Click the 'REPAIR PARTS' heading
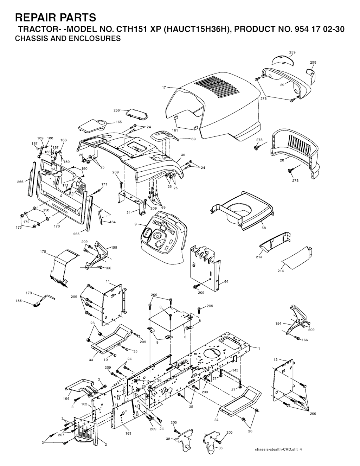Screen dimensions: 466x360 55,17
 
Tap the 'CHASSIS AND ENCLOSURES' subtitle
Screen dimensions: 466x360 68,38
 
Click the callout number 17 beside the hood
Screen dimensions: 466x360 164,88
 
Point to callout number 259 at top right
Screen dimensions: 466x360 292,52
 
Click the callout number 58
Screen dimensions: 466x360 264,228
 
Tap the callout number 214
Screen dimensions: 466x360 281,270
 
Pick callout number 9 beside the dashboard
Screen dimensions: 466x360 135,224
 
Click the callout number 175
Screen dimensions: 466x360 43,252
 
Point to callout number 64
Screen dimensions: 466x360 226,282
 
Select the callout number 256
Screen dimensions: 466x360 116,110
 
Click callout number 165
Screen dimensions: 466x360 119,122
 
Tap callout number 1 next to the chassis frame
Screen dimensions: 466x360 259,349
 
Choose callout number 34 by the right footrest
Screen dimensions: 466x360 216,420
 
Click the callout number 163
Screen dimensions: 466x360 129,433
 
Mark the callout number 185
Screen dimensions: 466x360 18,301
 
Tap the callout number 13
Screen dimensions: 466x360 275,359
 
